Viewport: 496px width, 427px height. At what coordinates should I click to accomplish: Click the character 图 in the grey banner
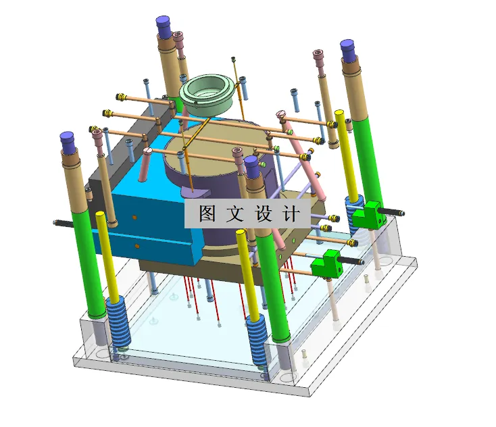click(x=207, y=214)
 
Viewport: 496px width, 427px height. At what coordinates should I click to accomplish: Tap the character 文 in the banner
click(x=233, y=214)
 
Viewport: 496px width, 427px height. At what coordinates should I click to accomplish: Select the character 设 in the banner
click(x=264, y=214)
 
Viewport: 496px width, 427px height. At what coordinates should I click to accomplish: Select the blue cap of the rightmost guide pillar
click(x=347, y=49)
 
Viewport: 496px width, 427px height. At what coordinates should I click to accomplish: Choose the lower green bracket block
click(x=328, y=263)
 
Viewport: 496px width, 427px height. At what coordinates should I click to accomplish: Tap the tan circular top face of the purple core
click(x=223, y=145)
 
